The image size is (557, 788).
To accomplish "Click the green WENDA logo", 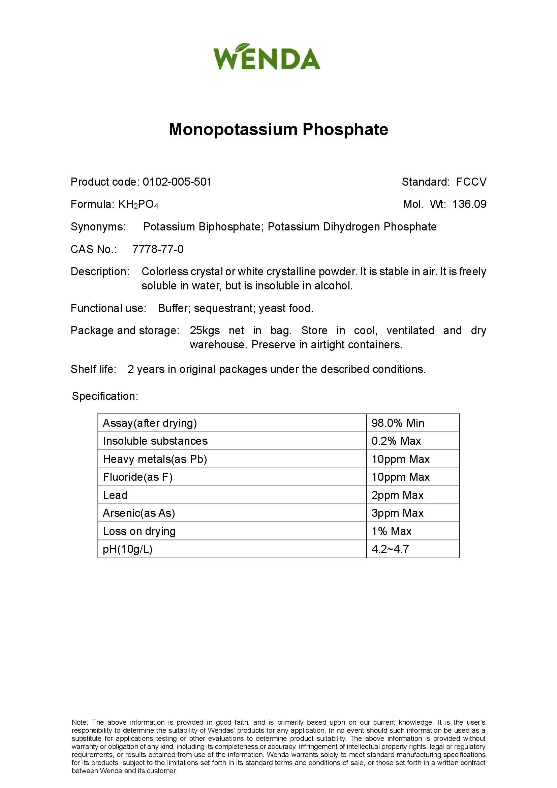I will point(267,57).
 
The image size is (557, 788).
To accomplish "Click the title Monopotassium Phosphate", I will point(278,130).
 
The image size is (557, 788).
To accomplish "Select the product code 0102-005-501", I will point(177,182).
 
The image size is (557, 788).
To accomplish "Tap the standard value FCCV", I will point(471,182).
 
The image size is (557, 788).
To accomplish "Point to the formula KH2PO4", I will point(138,204).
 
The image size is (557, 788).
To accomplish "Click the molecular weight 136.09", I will point(469,204).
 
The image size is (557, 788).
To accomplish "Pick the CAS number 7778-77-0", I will point(158,249).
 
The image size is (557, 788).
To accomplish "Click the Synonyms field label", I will point(98,227).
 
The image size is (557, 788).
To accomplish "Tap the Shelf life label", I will point(93,369).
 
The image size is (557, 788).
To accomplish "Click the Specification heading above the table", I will point(105,396).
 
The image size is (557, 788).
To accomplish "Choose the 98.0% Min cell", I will point(398,423).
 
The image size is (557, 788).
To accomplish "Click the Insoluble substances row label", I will point(155,441).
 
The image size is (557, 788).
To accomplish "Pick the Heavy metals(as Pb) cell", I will point(155,459).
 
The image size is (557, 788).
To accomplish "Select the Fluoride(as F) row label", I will point(137,477).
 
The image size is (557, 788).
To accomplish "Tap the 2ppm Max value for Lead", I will point(397,495).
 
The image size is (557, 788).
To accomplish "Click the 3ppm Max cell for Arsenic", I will point(397,513).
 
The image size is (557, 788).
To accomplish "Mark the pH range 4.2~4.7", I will point(390,549).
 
